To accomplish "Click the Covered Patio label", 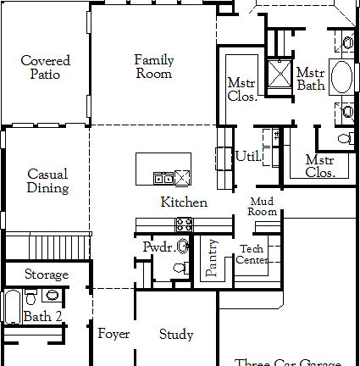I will (46, 67).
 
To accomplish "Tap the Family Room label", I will (154, 66).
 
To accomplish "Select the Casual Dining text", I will (47, 180).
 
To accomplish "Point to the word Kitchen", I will (184, 202).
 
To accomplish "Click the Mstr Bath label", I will (311, 78).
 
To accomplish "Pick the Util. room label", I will (247, 156).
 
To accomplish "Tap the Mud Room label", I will (263, 206).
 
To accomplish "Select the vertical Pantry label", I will (212, 258).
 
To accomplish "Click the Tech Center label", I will (252, 254).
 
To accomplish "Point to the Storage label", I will (46, 274).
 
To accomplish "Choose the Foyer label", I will (114, 334).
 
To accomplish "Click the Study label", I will (176, 335).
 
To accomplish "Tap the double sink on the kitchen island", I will (163, 177).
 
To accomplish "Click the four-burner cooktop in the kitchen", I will (184, 224).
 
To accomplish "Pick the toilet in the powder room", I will (179, 267).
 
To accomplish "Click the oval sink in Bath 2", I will (52, 295).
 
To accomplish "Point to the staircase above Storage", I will (46, 247).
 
